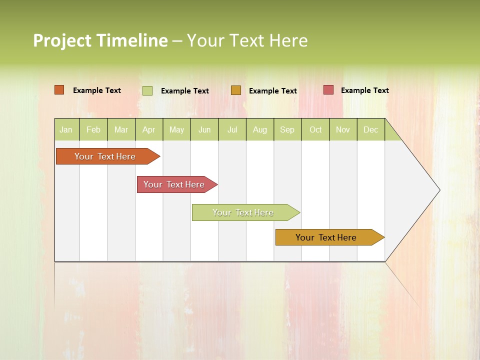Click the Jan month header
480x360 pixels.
[66, 130]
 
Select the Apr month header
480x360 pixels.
[149, 130]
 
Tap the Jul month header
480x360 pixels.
[232, 130]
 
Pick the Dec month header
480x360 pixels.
[370, 130]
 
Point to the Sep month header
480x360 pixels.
[287, 130]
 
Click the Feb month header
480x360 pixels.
[93, 130]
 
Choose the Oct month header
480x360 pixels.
[315, 130]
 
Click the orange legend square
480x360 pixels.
[59, 90]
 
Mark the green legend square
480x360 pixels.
[147, 90]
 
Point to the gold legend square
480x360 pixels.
[236, 90]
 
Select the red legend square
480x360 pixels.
[328, 90]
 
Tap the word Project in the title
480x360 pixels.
[62, 40]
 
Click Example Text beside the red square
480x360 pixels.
[364, 90]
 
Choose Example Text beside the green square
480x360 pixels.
[184, 91]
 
